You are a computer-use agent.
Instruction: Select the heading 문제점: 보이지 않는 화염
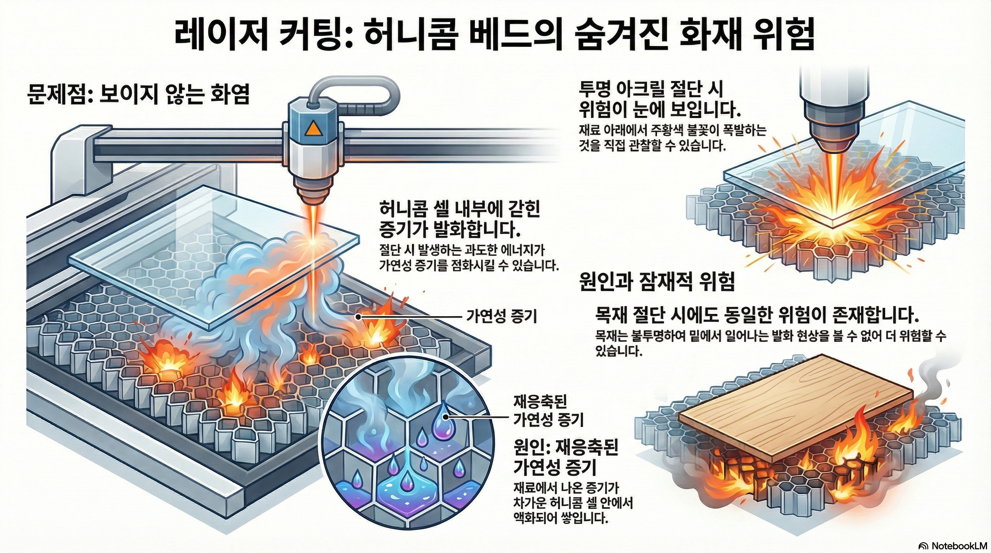[x=139, y=94]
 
